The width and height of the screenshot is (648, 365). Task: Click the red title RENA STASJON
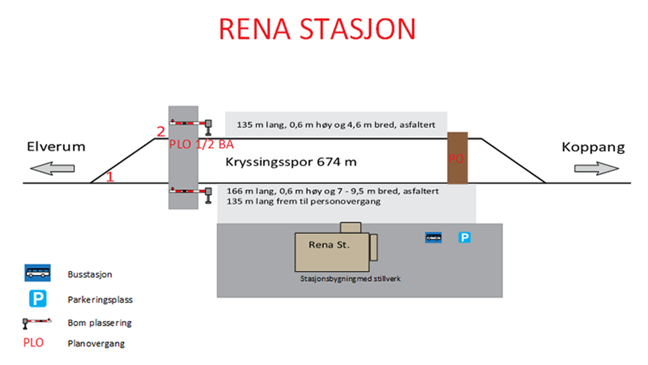pyautogui.click(x=317, y=29)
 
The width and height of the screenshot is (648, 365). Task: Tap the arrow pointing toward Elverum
pyautogui.click(x=52, y=168)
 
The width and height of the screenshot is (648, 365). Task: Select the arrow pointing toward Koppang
pyautogui.click(x=596, y=168)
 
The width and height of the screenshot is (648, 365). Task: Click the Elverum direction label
pyautogui.click(x=56, y=146)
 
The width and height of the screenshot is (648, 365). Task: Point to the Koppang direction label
pyautogui.click(x=593, y=147)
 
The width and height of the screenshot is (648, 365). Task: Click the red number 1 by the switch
pyautogui.click(x=110, y=177)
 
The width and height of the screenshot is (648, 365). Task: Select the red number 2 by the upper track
pyautogui.click(x=161, y=132)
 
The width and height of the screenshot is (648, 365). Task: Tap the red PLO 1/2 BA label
pyautogui.click(x=201, y=144)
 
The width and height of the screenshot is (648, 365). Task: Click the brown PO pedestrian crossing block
pyautogui.click(x=457, y=158)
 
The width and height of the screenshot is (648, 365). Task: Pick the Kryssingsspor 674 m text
pyautogui.click(x=291, y=162)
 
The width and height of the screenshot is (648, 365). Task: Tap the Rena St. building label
pyautogui.click(x=329, y=245)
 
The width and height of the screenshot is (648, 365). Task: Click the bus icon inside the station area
pyautogui.click(x=433, y=238)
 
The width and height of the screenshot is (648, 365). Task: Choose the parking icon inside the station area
pyautogui.click(x=464, y=238)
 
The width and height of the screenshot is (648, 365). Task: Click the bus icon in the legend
pyautogui.click(x=38, y=273)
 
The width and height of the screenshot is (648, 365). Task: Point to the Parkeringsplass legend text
pyautogui.click(x=100, y=300)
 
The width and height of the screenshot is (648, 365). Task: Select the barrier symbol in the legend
pyautogui.click(x=36, y=322)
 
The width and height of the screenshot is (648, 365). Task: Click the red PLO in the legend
pyautogui.click(x=33, y=343)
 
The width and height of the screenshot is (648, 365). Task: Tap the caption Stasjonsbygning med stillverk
pyautogui.click(x=350, y=279)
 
